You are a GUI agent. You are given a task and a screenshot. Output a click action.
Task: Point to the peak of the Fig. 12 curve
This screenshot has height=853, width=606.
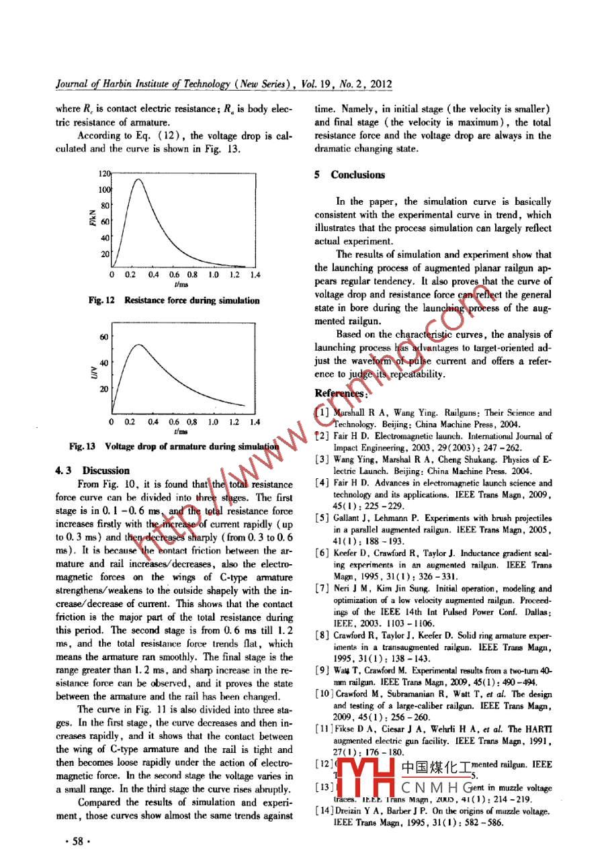138,179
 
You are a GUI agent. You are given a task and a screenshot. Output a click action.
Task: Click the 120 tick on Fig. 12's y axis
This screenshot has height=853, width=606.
103,173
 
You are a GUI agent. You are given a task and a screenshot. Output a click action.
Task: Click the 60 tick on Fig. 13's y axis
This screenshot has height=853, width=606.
103,336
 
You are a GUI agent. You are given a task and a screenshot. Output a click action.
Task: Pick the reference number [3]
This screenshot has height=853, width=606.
322,459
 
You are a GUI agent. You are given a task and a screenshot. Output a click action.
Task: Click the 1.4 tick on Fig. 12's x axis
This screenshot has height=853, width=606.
255,275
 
